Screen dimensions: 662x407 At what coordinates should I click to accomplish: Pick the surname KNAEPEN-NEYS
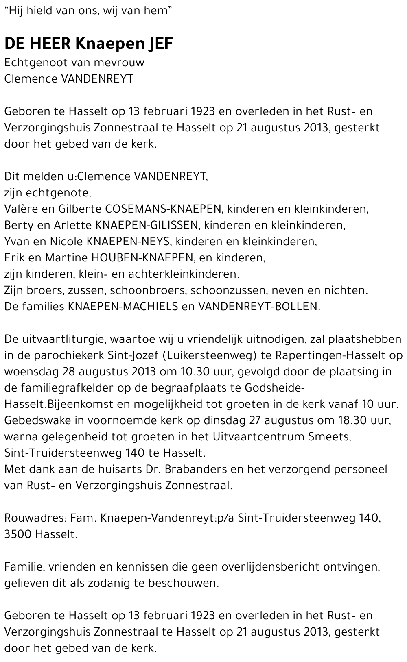[x=130, y=242]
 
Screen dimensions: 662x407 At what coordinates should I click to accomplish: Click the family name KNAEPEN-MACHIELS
[x=123, y=307]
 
